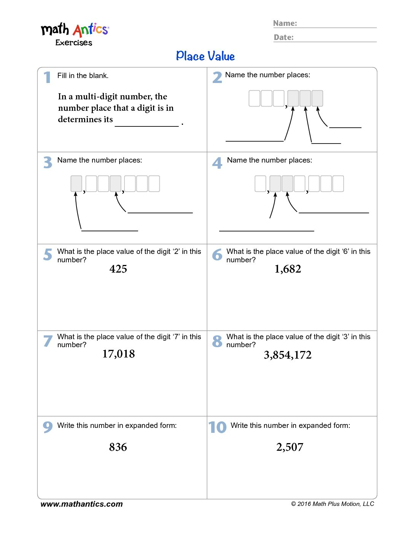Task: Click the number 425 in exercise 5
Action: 118,269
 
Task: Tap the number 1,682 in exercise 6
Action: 288,269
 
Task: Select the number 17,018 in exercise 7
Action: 118,354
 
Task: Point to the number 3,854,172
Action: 288,355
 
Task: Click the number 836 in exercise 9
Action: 118,447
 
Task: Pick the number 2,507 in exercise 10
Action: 290,447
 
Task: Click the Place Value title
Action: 205,56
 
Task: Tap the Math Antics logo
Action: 75,33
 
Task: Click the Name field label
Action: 285,23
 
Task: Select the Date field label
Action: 284,37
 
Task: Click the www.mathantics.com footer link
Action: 81,504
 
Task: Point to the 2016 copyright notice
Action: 333,504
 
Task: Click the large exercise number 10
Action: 217,427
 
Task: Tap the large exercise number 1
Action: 47,77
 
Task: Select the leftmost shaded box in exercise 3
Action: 76,183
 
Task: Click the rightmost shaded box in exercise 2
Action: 317,98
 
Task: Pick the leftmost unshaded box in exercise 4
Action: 260,183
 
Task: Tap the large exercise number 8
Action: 217,341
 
